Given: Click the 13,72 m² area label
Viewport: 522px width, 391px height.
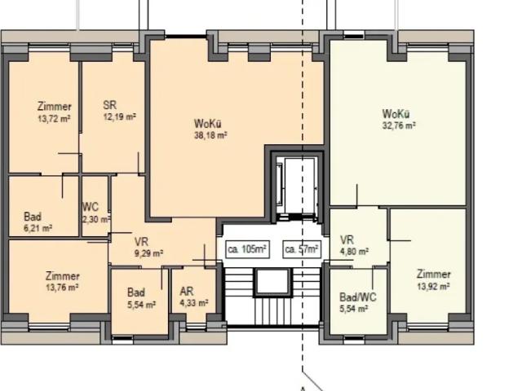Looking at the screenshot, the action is (x=55, y=119).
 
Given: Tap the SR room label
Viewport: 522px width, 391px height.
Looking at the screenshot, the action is (x=110, y=105).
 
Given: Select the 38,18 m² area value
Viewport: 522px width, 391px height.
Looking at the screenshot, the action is (x=210, y=135).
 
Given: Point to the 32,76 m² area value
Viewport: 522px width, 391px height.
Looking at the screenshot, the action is (x=399, y=125).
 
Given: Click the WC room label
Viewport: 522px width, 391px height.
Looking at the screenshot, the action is (x=91, y=207).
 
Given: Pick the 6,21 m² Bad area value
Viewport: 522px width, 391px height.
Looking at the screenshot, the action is (x=38, y=228).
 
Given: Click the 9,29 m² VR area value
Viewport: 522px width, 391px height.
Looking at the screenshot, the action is (x=148, y=253).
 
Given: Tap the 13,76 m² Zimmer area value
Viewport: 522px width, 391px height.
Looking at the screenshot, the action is (x=62, y=288).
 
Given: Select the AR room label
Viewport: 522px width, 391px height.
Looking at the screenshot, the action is (x=187, y=292).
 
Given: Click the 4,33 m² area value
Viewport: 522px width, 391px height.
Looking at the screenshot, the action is (x=194, y=303).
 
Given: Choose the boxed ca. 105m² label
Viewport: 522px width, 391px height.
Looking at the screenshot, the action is (x=247, y=249).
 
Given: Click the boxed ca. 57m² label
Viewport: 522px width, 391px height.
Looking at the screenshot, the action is (x=302, y=249).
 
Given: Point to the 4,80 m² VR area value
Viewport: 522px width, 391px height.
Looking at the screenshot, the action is (x=354, y=252).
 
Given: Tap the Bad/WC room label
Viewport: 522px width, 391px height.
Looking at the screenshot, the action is (x=358, y=297).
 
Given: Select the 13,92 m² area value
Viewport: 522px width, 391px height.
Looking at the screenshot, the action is (x=434, y=286).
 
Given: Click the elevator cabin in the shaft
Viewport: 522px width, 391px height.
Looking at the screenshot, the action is (x=299, y=186).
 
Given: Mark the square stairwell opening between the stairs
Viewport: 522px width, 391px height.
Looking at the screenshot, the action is (x=272, y=282).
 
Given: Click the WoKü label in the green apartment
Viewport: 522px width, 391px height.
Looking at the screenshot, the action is (x=396, y=114).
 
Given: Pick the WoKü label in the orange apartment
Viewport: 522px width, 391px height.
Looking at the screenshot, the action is (x=208, y=124).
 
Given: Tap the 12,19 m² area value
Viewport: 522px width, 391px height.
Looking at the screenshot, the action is (x=120, y=117).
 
